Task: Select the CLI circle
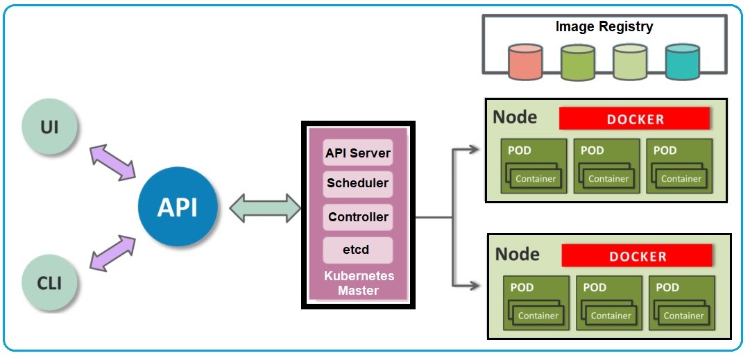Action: click(x=49, y=282)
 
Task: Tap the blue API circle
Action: click(x=178, y=207)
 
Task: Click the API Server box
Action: click(x=358, y=153)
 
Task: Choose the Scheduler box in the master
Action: click(x=358, y=185)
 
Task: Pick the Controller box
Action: click(x=358, y=217)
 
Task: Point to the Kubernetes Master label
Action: click(x=359, y=283)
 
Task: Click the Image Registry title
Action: click(x=604, y=27)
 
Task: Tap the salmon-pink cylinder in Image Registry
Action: click(x=525, y=62)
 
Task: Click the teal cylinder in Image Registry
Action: click(x=682, y=62)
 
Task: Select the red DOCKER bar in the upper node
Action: click(x=635, y=119)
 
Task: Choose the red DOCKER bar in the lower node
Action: click(x=637, y=256)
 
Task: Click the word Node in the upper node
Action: click(x=515, y=117)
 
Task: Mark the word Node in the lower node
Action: click(x=518, y=254)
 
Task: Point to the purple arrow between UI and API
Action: click(x=112, y=163)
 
